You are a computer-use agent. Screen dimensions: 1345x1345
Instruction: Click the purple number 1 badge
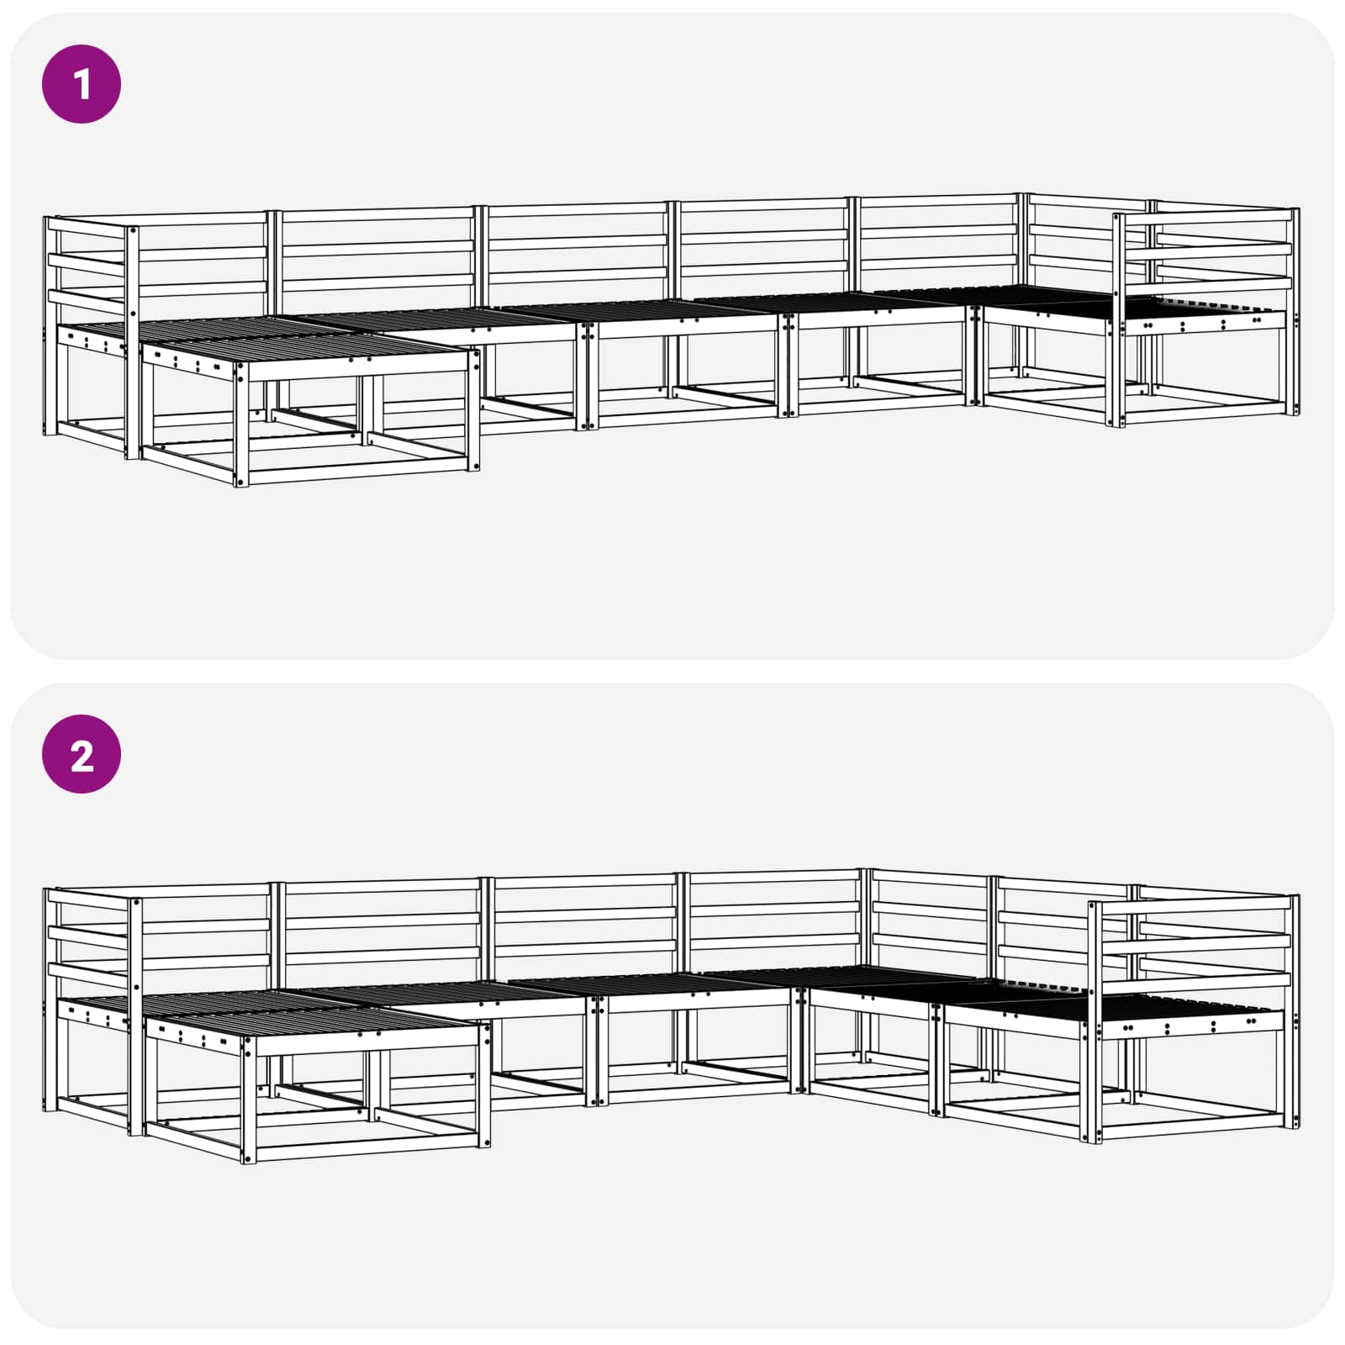tap(82, 84)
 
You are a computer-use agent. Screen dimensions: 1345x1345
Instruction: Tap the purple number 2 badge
tap(82, 754)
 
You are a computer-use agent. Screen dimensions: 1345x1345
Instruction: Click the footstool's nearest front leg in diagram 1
tap(242, 425)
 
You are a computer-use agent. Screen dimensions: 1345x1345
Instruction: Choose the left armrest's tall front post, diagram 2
tap(135, 1016)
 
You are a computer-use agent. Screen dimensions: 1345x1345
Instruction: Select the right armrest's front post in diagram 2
tap(1094, 1022)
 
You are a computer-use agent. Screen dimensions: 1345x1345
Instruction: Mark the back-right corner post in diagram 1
tap(1023, 286)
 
